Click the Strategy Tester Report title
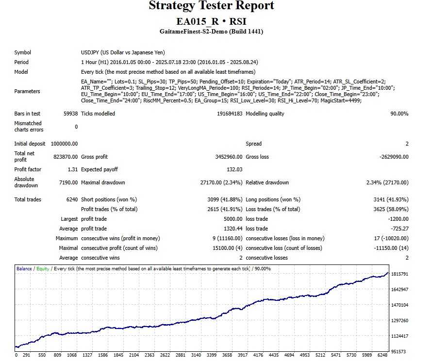211,6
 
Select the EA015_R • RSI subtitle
211,22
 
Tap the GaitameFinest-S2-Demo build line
211,32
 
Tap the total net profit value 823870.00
66,157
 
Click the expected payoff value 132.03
233,170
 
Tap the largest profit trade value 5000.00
232,219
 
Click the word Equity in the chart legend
43,269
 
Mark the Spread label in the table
254,144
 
